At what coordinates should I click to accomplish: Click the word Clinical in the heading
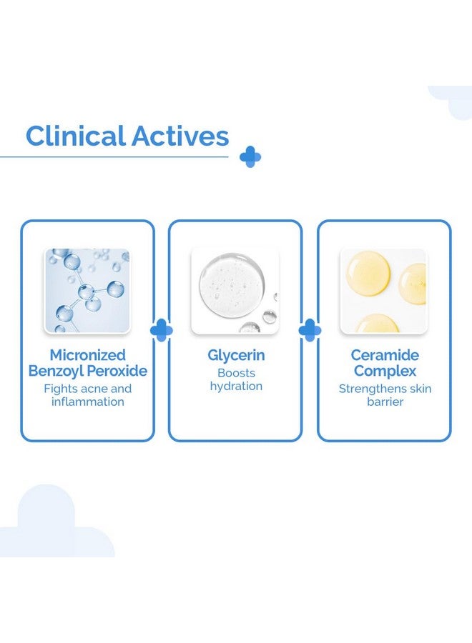76,136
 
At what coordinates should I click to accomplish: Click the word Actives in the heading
180,136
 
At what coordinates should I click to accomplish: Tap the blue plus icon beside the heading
250,156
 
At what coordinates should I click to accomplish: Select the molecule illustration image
87,291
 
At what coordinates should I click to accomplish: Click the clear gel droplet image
235,291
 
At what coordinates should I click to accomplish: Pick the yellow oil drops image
384,291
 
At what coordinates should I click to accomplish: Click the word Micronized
87,354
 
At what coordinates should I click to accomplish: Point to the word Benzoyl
56,371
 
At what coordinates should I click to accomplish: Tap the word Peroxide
117,371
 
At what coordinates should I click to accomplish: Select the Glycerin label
236,355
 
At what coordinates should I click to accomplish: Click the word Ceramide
385,354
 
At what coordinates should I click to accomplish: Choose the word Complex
385,371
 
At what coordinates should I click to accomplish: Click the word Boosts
236,373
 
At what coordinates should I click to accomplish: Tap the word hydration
236,387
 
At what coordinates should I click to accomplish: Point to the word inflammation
87,402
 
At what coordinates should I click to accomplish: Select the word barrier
385,402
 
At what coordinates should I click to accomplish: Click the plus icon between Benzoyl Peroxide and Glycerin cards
162,330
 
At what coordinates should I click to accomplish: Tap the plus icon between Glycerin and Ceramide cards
310,330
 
